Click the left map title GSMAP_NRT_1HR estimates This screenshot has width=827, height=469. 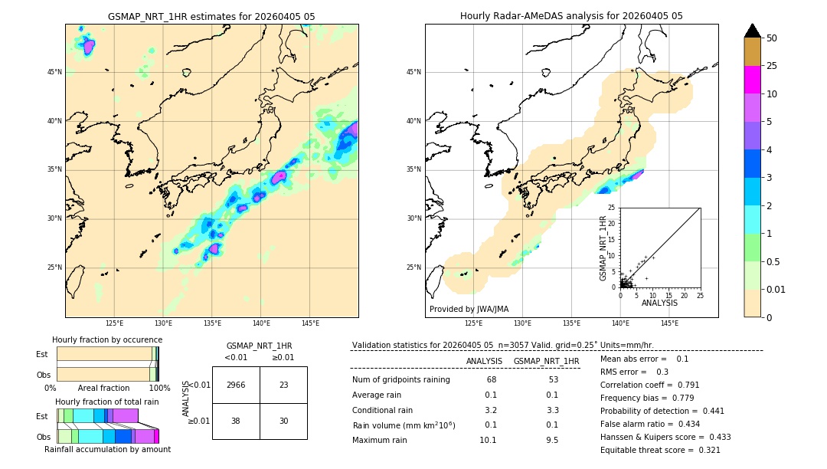pos(211,16)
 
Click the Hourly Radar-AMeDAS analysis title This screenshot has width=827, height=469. pos(571,16)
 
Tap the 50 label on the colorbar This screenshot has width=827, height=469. pos(772,38)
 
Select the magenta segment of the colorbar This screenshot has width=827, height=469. pos(752,80)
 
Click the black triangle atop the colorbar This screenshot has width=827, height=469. pos(752,31)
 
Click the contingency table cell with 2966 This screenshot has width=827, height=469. pos(236,385)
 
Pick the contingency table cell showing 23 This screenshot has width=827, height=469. pos(283,385)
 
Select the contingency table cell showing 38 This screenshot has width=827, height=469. pos(236,421)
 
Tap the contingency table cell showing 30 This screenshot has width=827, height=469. pos(283,421)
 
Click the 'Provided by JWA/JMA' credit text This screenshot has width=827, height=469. pos(469,310)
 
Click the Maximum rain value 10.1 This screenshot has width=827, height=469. pos(488,440)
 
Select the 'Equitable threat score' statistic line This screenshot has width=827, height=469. pos(660,450)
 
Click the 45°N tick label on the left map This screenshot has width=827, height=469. pos(54,72)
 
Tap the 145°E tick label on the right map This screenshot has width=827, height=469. pos(669,323)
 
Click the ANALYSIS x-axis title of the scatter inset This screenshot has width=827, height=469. pos(659,303)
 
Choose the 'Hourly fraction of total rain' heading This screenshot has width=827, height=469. pos(107,402)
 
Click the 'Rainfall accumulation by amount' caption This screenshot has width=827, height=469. pos(107,450)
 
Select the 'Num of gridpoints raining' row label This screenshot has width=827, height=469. pos(400,380)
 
